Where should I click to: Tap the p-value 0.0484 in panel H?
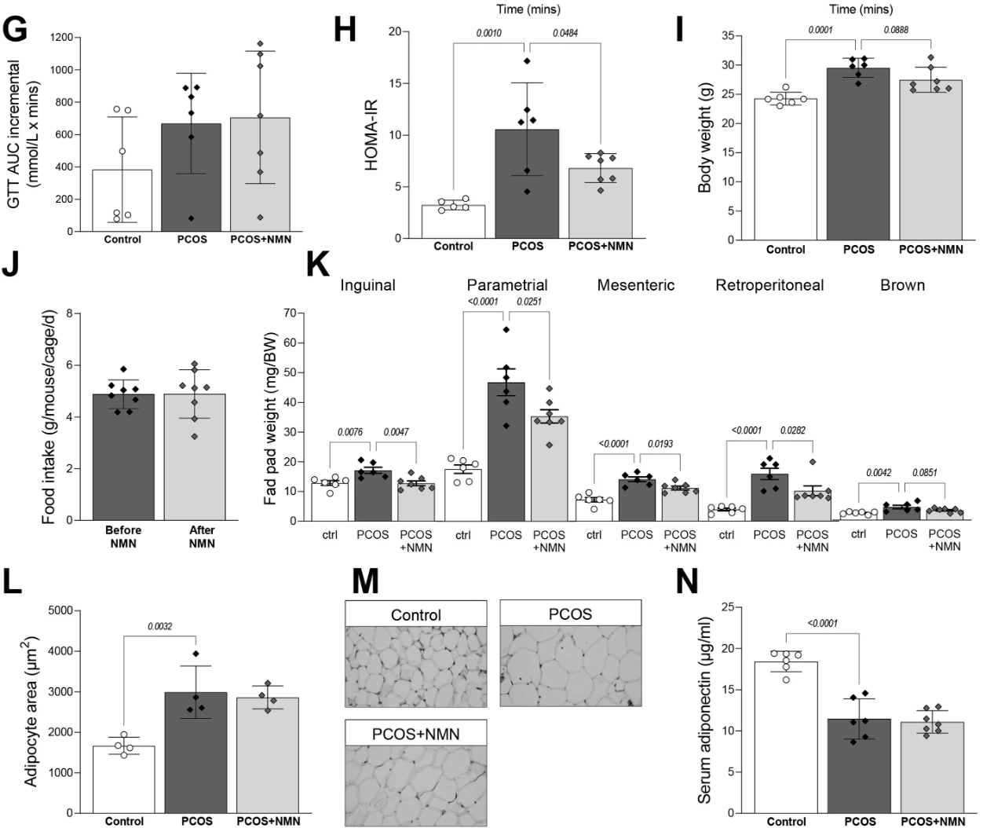[565, 33]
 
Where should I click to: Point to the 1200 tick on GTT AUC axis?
[62, 38]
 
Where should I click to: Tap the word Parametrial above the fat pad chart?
[506, 285]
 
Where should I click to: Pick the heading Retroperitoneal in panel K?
[769, 285]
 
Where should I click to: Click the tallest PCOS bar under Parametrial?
[506, 452]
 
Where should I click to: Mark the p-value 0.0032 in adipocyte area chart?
[159, 626]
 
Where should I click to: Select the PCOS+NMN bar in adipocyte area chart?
[268, 754]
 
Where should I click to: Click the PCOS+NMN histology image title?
[415, 734]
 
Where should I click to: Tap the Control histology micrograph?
[415, 666]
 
